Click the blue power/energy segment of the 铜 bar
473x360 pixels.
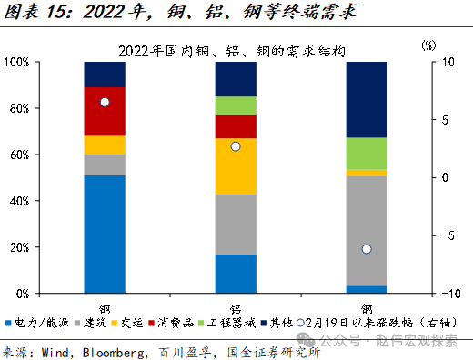105,234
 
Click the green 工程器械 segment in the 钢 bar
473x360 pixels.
366,153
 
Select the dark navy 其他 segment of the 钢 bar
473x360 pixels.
366,99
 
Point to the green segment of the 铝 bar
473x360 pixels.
236,105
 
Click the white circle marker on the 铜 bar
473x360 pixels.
105,102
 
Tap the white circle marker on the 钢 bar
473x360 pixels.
366,249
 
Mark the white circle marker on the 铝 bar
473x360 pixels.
236,146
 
